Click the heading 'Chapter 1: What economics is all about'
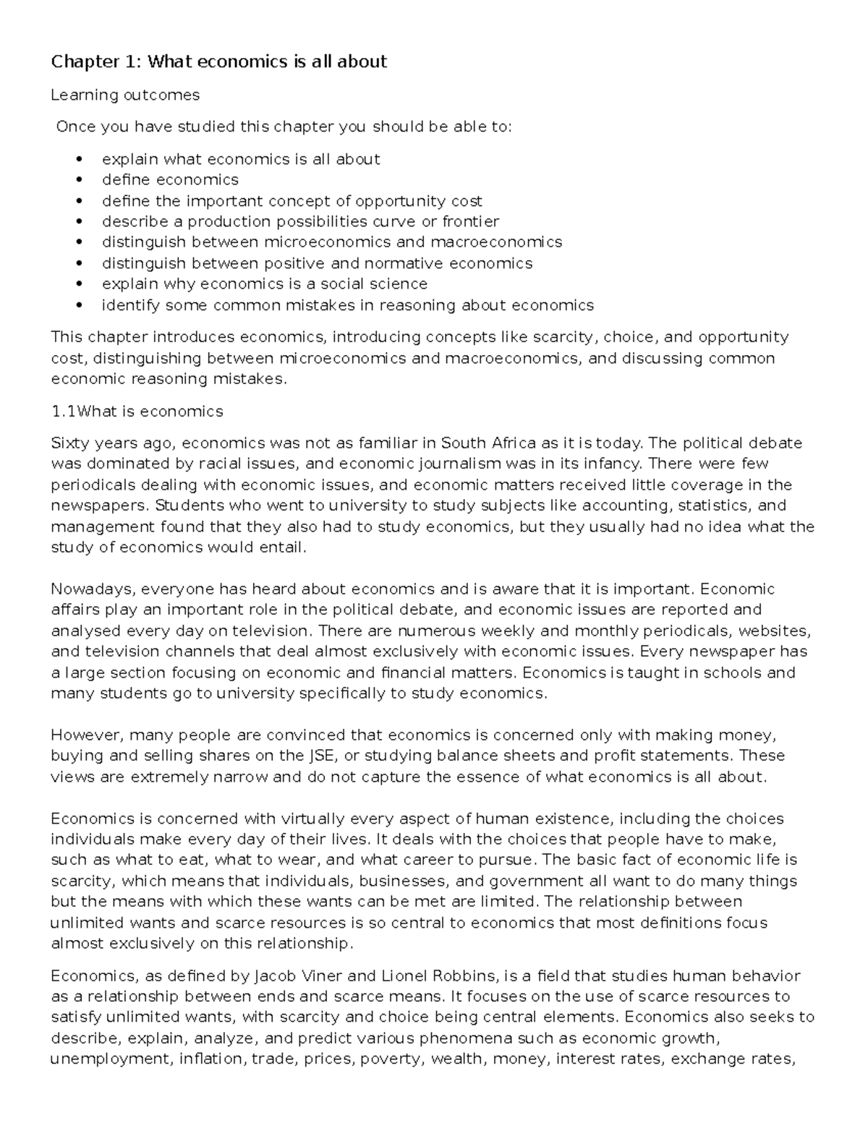click(x=218, y=62)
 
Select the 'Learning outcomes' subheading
click(x=125, y=95)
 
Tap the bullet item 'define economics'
click(x=170, y=179)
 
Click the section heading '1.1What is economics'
click(x=137, y=411)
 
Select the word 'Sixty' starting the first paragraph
click(x=69, y=443)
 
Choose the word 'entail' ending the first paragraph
click(x=282, y=547)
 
